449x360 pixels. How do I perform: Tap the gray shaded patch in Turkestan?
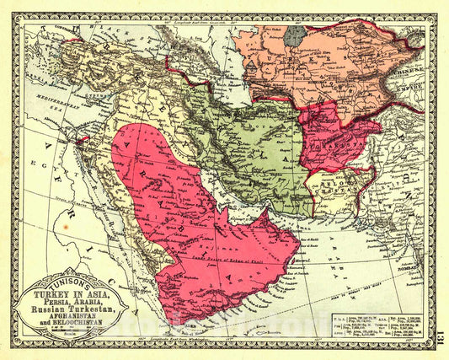point(294,35)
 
